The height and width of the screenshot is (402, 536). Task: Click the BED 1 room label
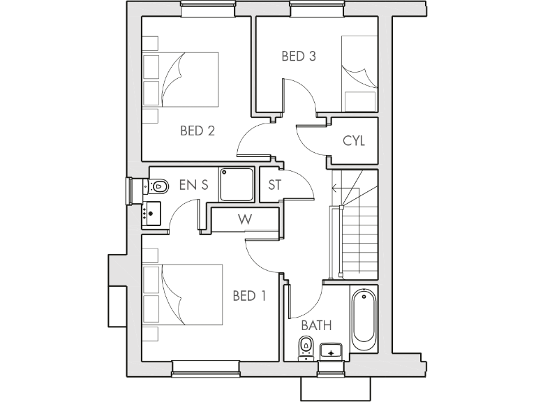coord(249,296)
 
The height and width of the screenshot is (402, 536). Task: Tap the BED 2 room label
coord(197,131)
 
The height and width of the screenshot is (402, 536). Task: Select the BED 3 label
coord(299,57)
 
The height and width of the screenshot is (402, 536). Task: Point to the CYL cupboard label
coord(354,141)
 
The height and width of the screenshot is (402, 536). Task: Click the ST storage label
coord(274,186)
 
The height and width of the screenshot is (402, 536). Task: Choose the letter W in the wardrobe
coord(244,219)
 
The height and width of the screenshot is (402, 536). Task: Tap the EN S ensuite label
coord(193,186)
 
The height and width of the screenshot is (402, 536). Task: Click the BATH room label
coord(315,325)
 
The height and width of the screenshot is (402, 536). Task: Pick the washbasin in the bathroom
coord(331,351)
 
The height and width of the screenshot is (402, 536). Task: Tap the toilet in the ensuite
coord(157,186)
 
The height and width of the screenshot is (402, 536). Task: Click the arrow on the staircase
coord(335,188)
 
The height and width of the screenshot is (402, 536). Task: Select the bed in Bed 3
coord(359,73)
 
